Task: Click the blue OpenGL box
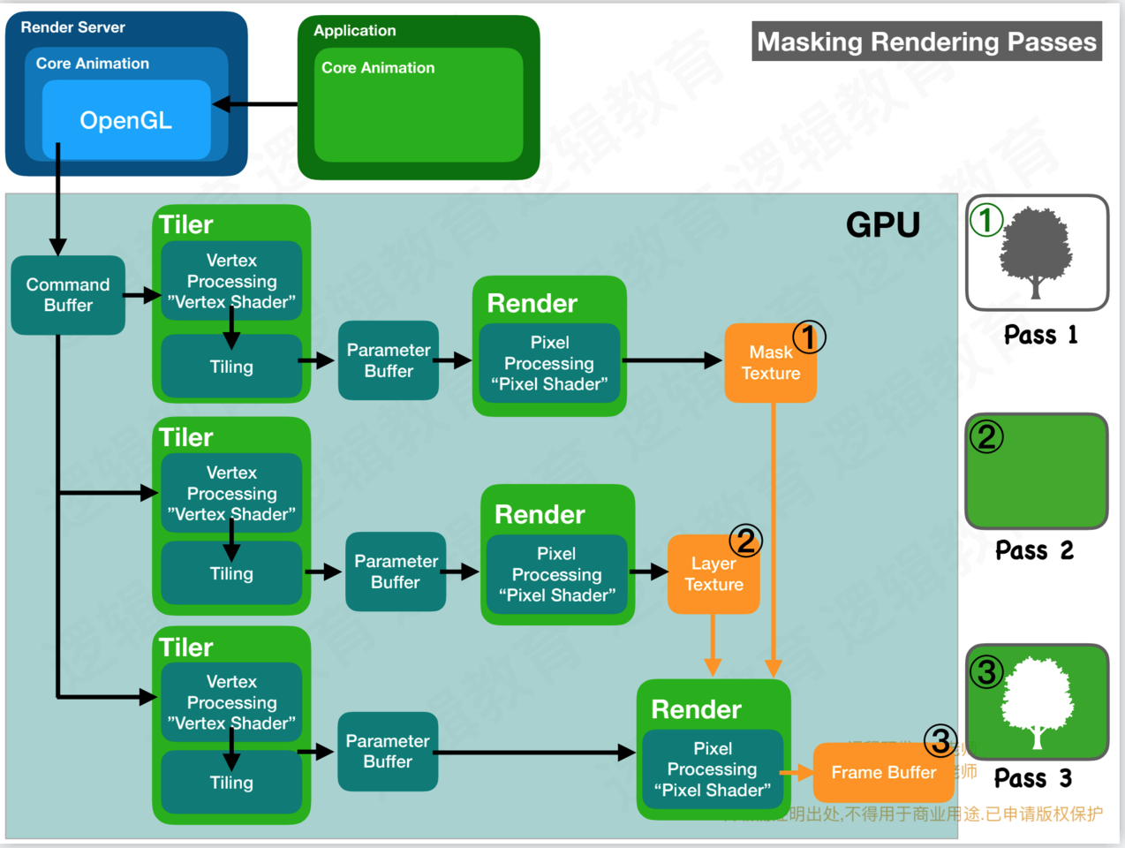coord(126,120)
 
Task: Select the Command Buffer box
coord(68,295)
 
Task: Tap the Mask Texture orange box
coord(770,363)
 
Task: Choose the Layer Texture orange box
coord(714,574)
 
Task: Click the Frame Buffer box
coord(883,772)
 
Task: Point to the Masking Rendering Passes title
coord(926,42)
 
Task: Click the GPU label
coord(882,225)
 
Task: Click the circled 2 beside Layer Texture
coord(745,541)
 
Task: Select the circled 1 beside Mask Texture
coord(809,337)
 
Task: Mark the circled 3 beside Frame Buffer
coord(940,741)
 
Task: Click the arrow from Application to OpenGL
coord(255,104)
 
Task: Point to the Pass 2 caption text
coord(1034,550)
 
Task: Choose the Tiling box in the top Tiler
coord(231,367)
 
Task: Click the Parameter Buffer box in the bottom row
coord(388,751)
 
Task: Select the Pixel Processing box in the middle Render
coord(556,574)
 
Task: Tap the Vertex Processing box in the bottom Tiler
coord(231,702)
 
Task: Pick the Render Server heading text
coord(72,27)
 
